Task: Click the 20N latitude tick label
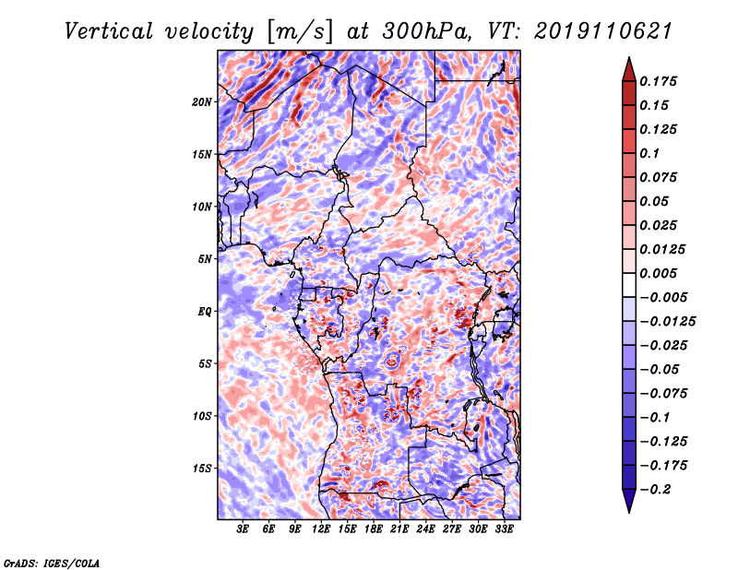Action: point(202,102)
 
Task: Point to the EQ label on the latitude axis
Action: point(205,312)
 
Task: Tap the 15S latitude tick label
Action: point(202,469)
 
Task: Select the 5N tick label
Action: point(205,259)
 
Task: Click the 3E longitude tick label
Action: point(243,529)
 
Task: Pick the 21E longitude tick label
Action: point(399,529)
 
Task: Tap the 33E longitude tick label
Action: point(504,529)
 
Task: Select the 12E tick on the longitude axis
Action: point(321,529)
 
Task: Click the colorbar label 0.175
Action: point(658,81)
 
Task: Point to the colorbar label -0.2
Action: point(655,490)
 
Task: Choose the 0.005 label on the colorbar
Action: point(658,273)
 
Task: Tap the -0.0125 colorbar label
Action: point(667,322)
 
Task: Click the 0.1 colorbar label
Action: point(649,153)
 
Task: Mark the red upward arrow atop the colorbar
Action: point(629,70)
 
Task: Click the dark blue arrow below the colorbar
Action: point(629,501)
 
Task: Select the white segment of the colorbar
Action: point(629,285)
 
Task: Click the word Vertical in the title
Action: point(109,31)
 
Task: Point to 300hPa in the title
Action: point(426,31)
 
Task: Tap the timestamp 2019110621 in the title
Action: point(603,31)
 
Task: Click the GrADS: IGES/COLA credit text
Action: point(52,563)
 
